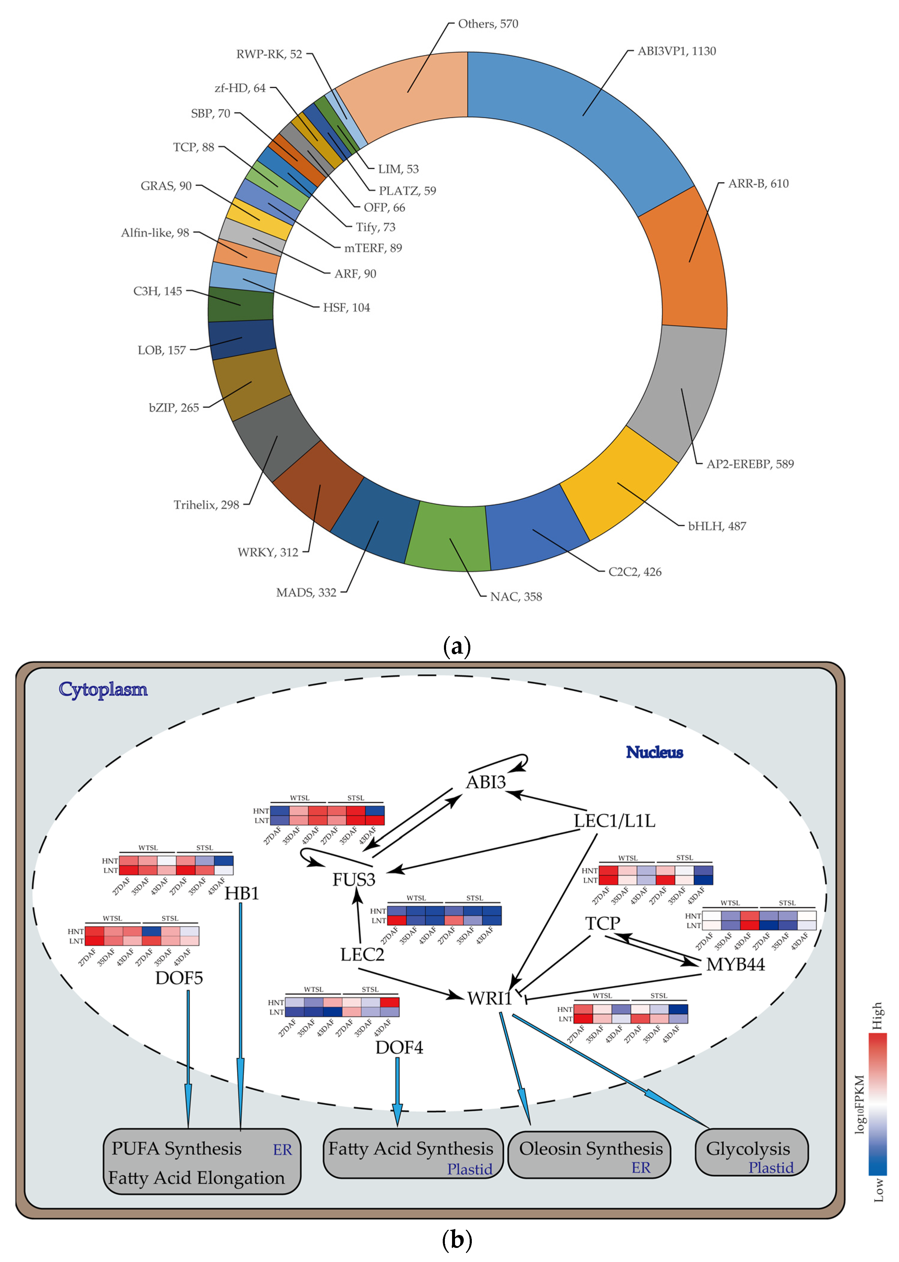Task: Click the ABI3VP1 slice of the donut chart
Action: click(587, 127)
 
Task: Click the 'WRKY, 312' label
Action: click(268, 552)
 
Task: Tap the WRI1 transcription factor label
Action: click(489, 998)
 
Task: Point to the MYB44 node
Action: click(735, 964)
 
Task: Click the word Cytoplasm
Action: click(103, 689)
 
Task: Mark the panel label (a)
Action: click(457, 646)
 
